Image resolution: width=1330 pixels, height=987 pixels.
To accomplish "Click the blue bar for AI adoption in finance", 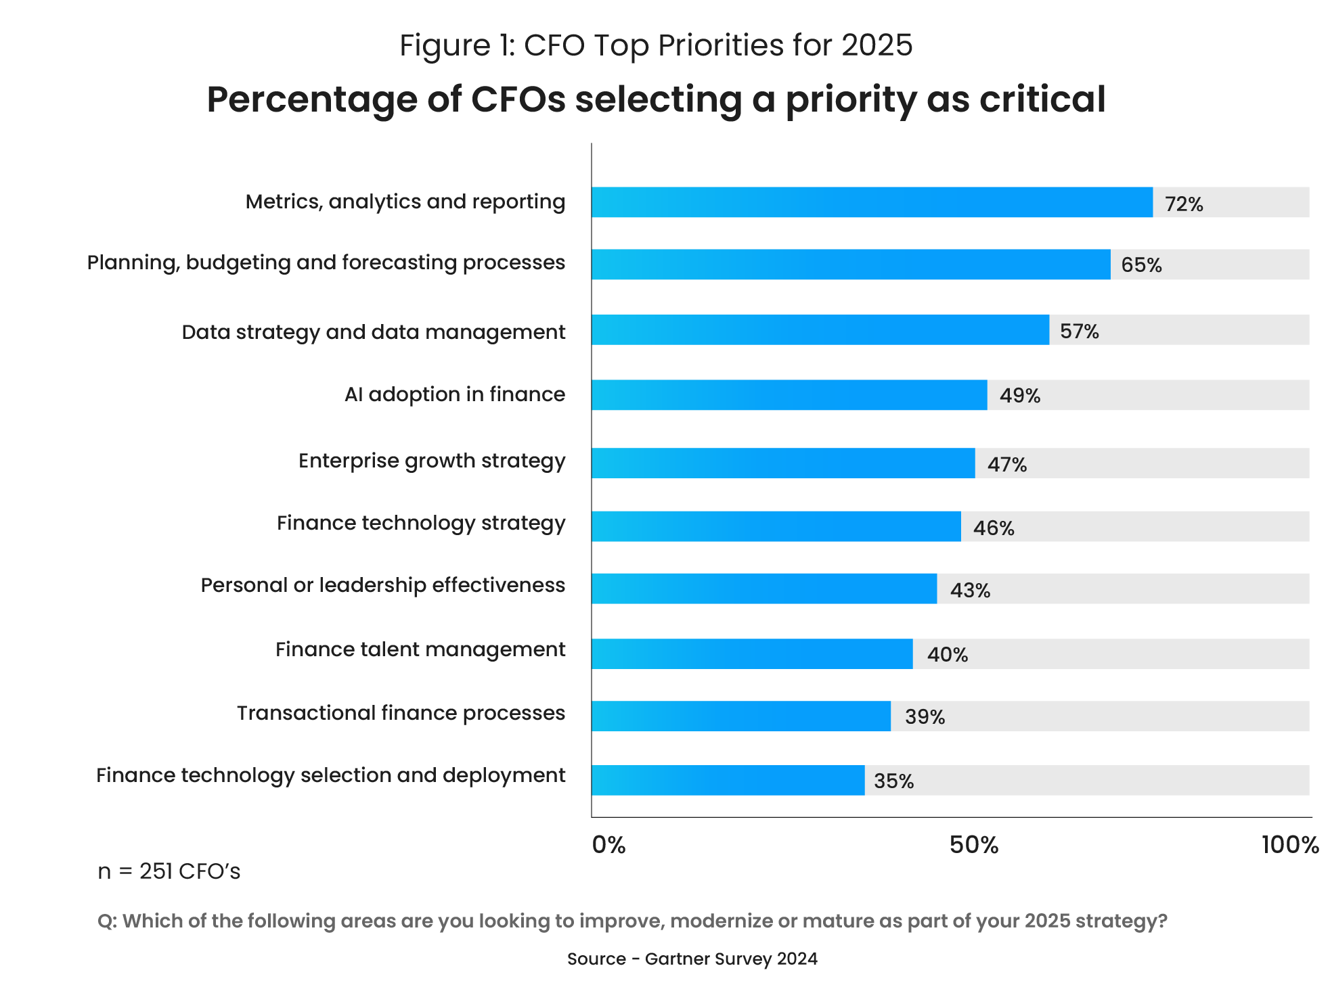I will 789,395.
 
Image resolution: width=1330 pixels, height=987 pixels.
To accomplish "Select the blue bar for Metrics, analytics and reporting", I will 872,202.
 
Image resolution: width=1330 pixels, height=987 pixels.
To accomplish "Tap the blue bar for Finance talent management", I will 751,654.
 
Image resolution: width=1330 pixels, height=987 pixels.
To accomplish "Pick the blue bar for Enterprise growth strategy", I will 782,463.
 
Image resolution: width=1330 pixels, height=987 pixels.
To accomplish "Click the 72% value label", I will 1184,204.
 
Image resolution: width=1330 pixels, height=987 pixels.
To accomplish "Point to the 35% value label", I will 893,781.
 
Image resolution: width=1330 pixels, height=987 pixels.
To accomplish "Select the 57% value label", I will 1079,331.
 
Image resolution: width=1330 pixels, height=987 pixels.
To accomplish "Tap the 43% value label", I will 970,591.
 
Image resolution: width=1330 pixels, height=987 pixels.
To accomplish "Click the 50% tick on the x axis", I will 973,845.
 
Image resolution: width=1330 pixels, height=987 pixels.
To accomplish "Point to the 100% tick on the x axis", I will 1289,845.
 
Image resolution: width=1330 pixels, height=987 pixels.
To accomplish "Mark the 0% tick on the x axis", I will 608,845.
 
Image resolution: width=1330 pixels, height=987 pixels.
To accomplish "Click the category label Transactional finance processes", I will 401,713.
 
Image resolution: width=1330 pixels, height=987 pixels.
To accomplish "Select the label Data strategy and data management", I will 373,332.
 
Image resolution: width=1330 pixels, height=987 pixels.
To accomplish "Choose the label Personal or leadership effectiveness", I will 382,585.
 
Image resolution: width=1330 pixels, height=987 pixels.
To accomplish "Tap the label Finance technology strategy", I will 420,523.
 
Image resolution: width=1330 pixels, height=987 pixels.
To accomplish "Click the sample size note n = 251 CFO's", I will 169,871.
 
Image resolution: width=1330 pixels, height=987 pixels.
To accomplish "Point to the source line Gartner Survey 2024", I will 692,959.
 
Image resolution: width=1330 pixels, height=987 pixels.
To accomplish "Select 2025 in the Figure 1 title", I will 877,45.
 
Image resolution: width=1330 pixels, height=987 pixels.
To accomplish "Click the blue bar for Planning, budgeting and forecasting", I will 850,265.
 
